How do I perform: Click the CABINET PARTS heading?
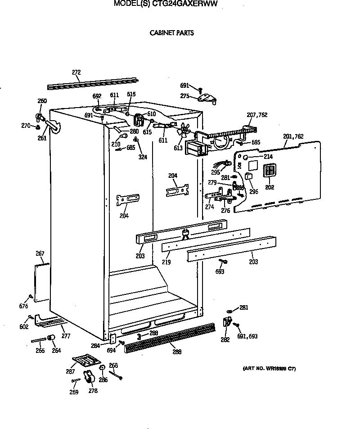point(171,33)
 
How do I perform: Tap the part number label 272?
point(76,72)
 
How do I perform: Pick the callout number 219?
point(166,262)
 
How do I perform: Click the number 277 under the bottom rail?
point(66,336)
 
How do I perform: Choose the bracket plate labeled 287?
point(86,360)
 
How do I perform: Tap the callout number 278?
point(93,391)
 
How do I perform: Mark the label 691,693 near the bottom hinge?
point(247,336)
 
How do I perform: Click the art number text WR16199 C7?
point(269,369)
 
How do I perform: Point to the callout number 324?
point(143,157)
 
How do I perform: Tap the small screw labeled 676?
point(30,296)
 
